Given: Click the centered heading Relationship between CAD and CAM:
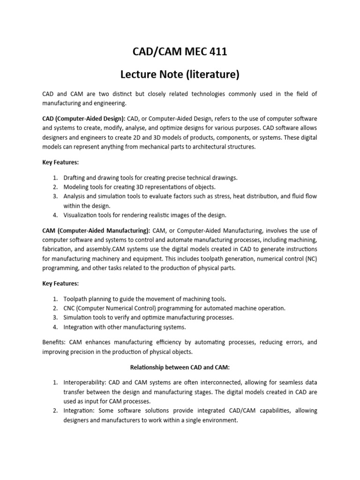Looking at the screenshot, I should click(x=180, y=367).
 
